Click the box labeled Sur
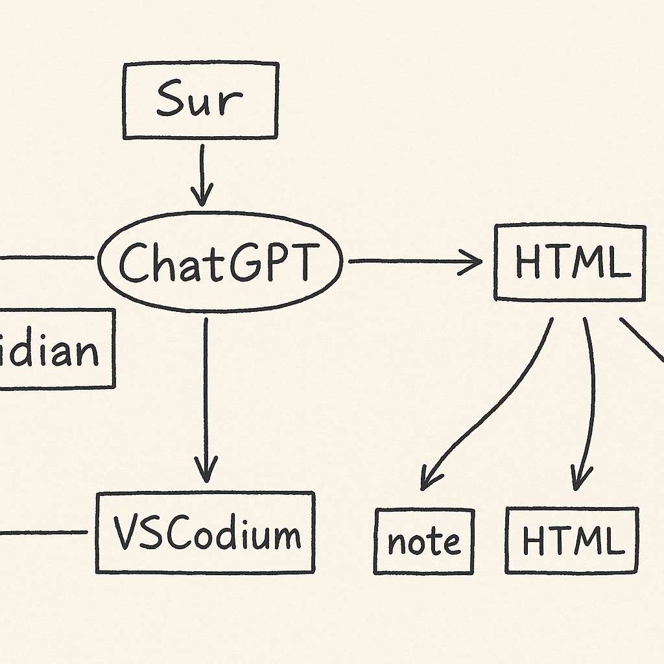[200, 101]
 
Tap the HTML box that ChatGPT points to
[570, 262]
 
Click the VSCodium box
[206, 532]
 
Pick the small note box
[424, 541]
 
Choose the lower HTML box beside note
[571, 540]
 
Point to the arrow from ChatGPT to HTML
[415, 261]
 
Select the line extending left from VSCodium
[42, 533]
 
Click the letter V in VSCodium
[124, 533]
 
